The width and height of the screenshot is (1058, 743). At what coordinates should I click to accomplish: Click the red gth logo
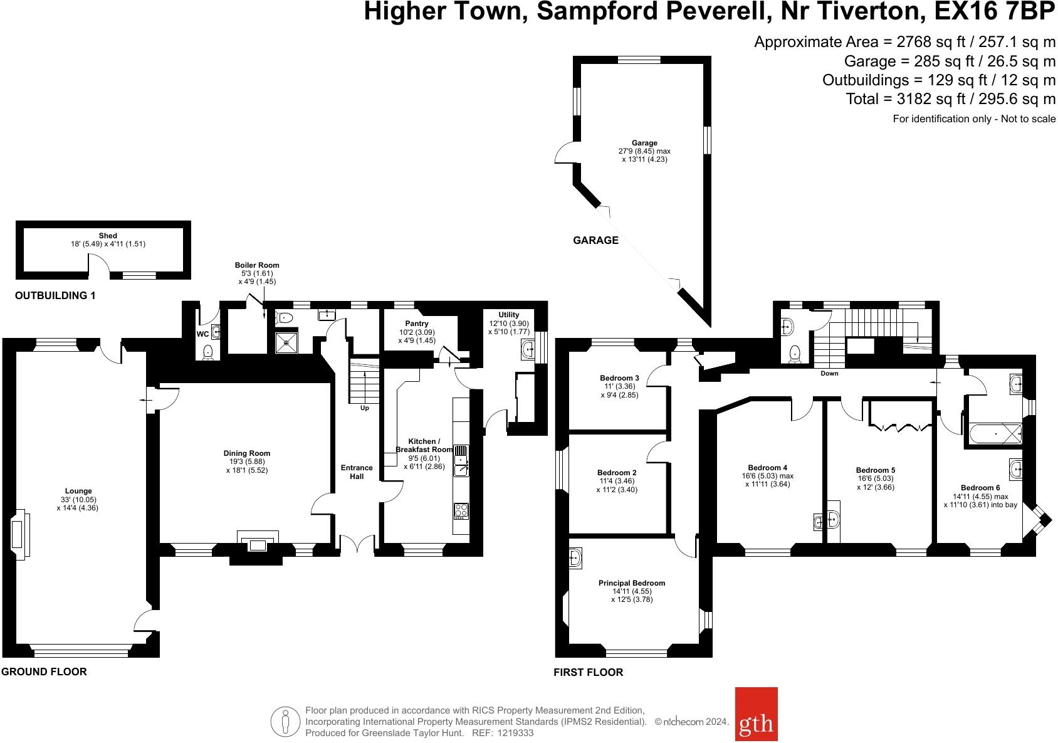click(756, 714)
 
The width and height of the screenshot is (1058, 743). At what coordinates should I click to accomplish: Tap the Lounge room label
click(78, 491)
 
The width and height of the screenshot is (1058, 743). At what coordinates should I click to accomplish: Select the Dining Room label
click(246, 453)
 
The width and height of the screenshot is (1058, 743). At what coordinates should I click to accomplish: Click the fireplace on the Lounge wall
click(20, 535)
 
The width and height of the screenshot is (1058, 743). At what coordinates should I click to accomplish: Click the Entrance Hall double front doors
click(357, 543)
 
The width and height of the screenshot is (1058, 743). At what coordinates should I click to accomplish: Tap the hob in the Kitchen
click(461, 511)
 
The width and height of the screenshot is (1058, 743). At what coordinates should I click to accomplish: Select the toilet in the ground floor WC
click(208, 352)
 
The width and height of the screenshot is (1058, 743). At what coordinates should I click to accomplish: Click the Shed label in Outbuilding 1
click(108, 236)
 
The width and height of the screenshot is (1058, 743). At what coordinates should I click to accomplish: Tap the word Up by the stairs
click(365, 408)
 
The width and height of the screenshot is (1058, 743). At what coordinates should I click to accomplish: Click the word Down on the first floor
click(829, 374)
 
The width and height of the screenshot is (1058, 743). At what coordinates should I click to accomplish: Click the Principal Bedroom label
click(632, 583)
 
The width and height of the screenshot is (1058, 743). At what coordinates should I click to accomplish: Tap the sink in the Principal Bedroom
click(575, 558)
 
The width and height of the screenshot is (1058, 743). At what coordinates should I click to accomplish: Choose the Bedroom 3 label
click(619, 378)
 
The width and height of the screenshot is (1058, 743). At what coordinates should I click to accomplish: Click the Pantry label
click(417, 324)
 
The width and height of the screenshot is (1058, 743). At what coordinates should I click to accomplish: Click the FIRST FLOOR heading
click(588, 672)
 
